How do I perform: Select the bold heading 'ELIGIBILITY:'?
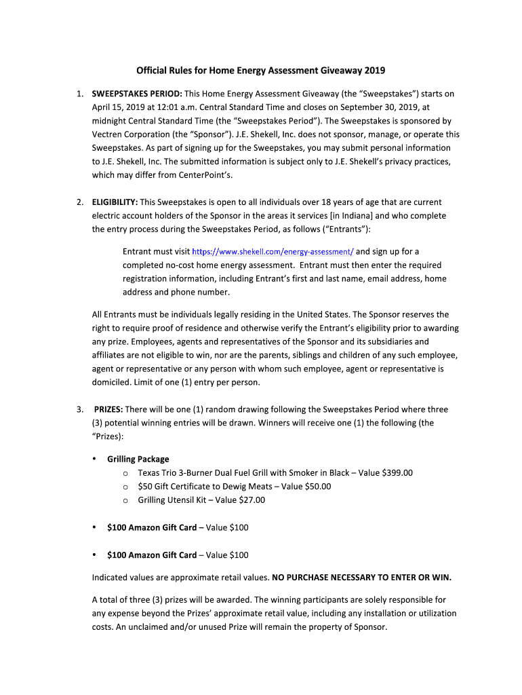click(115, 202)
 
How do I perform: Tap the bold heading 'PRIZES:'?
click(108, 409)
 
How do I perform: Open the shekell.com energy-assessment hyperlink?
click(273, 252)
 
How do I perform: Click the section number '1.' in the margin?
click(80, 94)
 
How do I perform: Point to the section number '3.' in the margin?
click(80, 409)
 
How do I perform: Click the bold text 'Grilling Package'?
click(138, 459)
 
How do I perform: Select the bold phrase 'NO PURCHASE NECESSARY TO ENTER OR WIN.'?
click(361, 578)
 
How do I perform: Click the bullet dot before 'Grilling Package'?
click(94, 459)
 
